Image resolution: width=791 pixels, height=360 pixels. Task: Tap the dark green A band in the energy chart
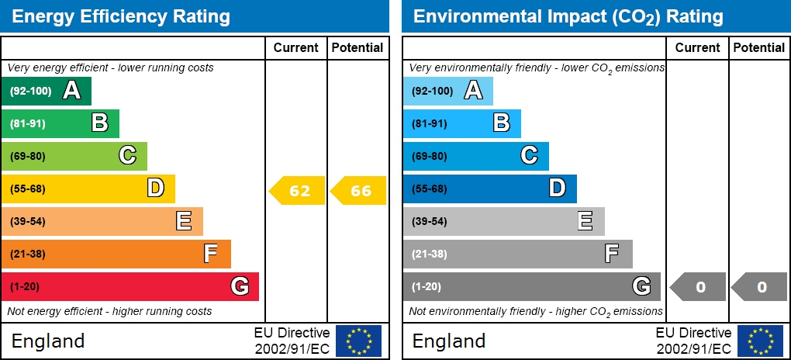[46, 91]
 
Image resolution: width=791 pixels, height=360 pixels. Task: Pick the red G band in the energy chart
[130, 286]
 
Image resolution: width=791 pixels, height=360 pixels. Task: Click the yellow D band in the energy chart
[88, 189]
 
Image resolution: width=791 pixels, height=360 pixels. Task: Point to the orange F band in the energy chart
[116, 254]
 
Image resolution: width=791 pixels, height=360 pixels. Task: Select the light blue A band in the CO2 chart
[447, 91]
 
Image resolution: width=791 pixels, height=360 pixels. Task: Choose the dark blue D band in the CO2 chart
[489, 189]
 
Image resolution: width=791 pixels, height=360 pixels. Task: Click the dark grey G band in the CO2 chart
[531, 286]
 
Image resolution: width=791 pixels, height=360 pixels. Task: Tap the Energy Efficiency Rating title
[120, 16]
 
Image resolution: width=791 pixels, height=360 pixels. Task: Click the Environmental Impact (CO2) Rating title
[568, 16]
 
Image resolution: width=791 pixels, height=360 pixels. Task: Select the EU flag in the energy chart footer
[358, 341]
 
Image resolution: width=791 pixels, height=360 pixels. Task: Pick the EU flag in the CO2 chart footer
[760, 341]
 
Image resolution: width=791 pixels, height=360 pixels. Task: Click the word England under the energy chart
[48, 341]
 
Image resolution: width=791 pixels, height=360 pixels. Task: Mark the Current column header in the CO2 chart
[698, 47]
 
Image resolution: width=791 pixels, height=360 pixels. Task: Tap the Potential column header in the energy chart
[358, 47]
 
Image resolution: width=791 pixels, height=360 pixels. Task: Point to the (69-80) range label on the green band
[28, 156]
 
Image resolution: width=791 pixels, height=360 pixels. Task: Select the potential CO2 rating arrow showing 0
[760, 287]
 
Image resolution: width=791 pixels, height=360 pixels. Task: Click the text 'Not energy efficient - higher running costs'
[109, 312]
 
